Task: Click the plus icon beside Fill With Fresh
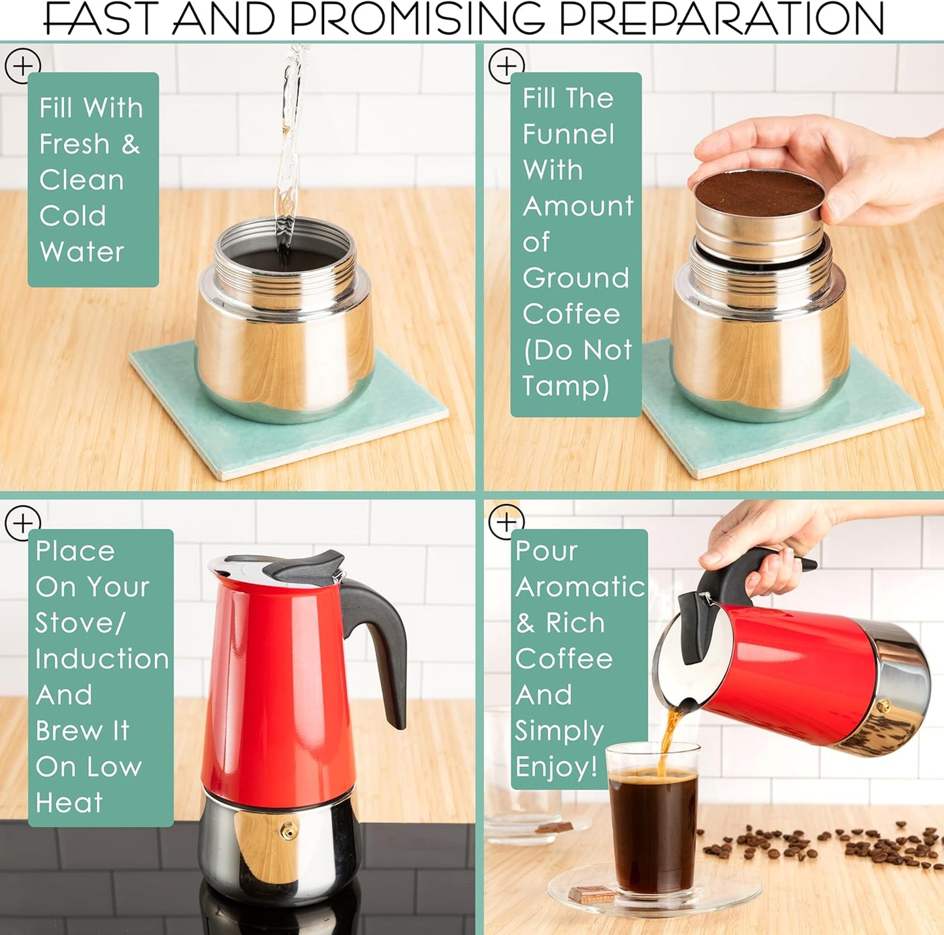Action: coord(22,65)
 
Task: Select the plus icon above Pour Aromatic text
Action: coord(506,522)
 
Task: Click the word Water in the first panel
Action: coord(82,252)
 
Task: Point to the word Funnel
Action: coord(568,135)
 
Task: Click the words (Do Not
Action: coord(578,351)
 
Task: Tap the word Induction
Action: coord(103,659)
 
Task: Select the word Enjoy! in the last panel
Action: coord(557,767)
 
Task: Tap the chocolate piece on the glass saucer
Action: coord(591,893)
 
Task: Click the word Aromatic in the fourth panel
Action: coord(580,587)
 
